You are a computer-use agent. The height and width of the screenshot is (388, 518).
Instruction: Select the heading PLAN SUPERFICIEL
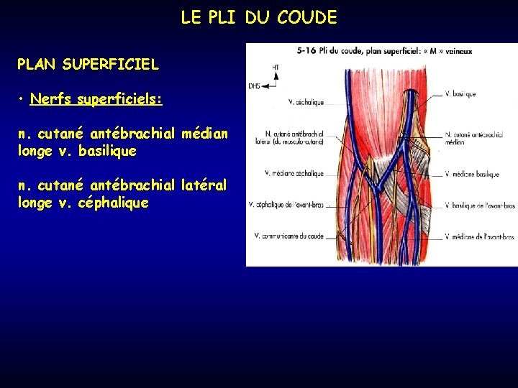pos(88,65)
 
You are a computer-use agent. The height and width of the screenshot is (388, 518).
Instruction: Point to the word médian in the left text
pos(205,134)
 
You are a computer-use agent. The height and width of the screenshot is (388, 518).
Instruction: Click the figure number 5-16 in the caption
pos(308,50)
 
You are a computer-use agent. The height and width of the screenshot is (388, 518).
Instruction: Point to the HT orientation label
pos(276,68)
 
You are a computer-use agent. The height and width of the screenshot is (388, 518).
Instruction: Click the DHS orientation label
pos(254,85)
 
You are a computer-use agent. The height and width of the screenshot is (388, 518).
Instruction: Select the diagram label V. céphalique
pos(305,102)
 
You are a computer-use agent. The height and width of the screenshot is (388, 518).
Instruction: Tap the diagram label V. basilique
pos(462,93)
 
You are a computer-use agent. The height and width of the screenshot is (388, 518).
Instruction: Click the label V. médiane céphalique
pos(294,173)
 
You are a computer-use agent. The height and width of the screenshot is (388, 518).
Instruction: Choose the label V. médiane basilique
pos(471,174)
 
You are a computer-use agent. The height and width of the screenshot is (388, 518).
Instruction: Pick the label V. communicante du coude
pos(289,236)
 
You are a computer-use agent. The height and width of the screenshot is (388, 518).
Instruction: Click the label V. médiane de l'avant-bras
pos(479,236)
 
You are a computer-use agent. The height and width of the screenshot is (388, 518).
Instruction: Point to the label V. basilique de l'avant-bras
pos(480,205)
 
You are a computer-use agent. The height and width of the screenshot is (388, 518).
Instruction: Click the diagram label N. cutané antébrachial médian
pos(471,138)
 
